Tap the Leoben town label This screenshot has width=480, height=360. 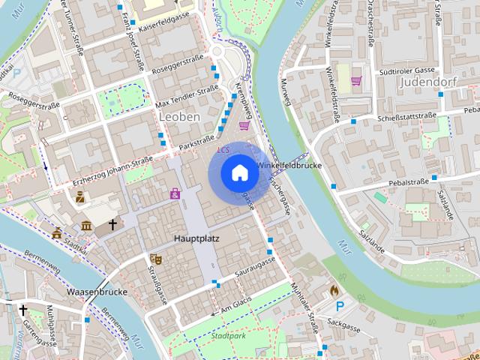[179, 117]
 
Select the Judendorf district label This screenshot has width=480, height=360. [433, 81]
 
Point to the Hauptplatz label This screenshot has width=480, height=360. [196, 238]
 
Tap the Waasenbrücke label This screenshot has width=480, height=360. [97, 291]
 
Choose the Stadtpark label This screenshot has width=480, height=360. [229, 337]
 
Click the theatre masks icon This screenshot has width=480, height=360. [157, 258]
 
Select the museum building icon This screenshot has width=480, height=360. [86, 226]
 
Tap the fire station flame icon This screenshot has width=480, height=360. [334, 289]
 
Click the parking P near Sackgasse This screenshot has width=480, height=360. [341, 306]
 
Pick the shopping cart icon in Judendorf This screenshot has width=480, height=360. [356, 80]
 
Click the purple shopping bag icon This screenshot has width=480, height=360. [175, 194]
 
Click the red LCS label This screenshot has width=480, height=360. [223, 150]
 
